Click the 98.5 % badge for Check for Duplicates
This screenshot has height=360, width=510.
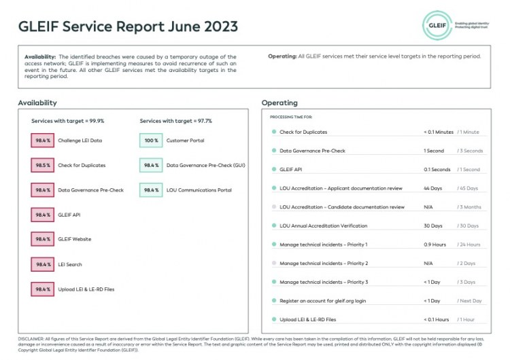[43, 165]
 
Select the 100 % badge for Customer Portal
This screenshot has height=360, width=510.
[151, 141]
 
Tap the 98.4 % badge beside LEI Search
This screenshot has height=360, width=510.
[43, 264]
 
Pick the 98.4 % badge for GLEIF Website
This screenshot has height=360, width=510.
[43, 239]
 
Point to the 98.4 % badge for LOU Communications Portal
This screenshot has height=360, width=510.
[151, 190]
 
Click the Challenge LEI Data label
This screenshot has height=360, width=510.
[80, 141]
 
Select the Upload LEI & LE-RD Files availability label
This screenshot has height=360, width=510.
[86, 289]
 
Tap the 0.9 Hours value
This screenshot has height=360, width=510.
[435, 245]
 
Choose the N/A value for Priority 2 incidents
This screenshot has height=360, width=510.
[428, 263]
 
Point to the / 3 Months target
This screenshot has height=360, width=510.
[469, 207]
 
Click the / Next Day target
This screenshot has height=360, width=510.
[469, 300]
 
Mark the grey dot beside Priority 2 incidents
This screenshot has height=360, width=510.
[273, 263]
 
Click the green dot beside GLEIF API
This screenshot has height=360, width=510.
[273, 170]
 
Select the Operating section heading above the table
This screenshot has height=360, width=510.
[279, 103]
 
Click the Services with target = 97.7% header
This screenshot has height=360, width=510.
[175, 121]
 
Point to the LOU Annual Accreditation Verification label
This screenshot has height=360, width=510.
[324, 226]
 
